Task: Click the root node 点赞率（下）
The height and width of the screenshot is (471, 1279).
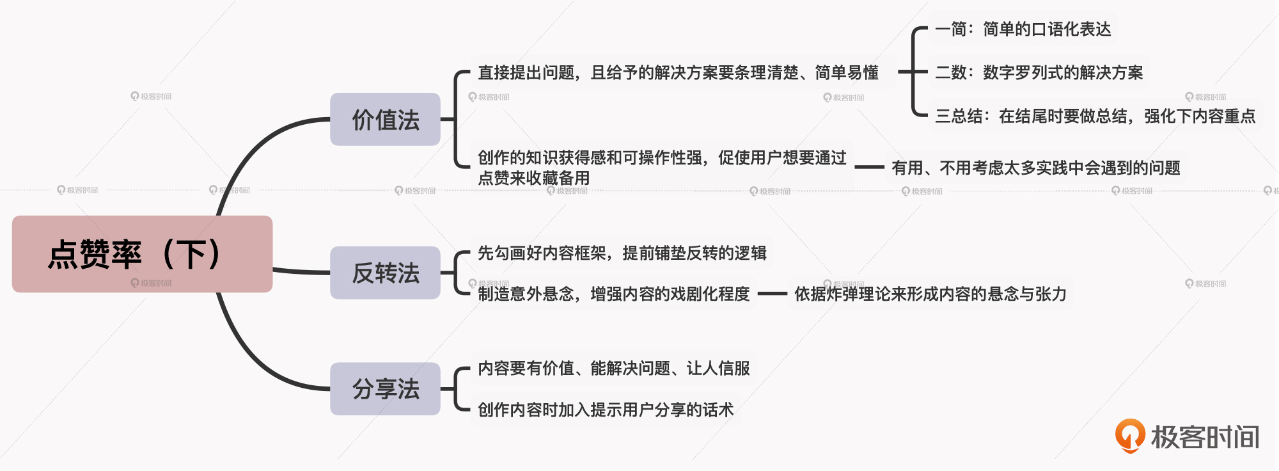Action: [x=142, y=254]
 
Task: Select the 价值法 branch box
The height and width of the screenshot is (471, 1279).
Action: [x=385, y=120]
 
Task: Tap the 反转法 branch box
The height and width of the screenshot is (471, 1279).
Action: [x=385, y=273]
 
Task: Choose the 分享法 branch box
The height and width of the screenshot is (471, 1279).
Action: [x=385, y=388]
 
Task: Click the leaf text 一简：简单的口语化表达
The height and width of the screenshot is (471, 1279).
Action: [x=1023, y=29]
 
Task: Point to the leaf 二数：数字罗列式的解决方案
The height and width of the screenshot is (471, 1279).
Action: [x=1039, y=72]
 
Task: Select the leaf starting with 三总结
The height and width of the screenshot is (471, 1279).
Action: [x=1095, y=116]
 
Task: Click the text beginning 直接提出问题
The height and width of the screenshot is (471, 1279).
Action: [x=678, y=72]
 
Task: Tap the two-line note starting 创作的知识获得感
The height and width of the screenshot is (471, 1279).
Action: [x=661, y=167]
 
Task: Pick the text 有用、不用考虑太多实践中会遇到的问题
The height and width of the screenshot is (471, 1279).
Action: [x=1035, y=168]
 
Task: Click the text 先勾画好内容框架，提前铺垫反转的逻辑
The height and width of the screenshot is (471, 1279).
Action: [x=622, y=253]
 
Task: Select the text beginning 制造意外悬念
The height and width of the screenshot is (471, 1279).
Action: [x=613, y=294]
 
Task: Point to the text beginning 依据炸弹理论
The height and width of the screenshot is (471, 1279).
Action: [x=930, y=294]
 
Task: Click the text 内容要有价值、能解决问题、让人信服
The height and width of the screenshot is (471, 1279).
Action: [x=613, y=368]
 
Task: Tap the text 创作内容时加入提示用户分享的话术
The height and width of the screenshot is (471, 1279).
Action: [x=605, y=410]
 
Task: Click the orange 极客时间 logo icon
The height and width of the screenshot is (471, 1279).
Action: [x=1130, y=435]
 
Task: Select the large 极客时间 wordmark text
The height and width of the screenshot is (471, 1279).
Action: [x=1205, y=437]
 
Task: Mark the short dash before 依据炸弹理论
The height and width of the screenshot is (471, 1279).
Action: [x=772, y=294]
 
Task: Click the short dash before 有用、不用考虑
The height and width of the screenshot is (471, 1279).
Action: [x=869, y=167]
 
